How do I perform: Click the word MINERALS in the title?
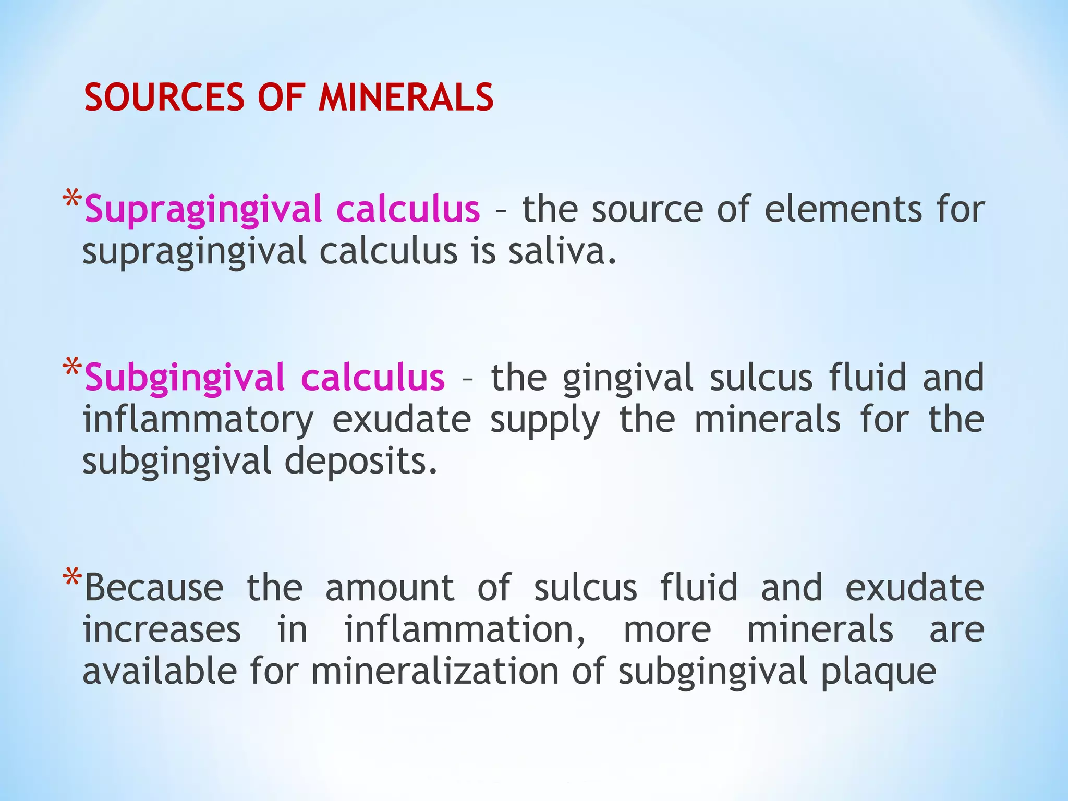406,98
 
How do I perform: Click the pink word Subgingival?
186,378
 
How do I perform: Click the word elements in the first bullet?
843,209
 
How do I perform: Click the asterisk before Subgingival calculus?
71,368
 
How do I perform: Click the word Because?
154,588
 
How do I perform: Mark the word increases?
162,630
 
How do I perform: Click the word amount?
390,588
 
